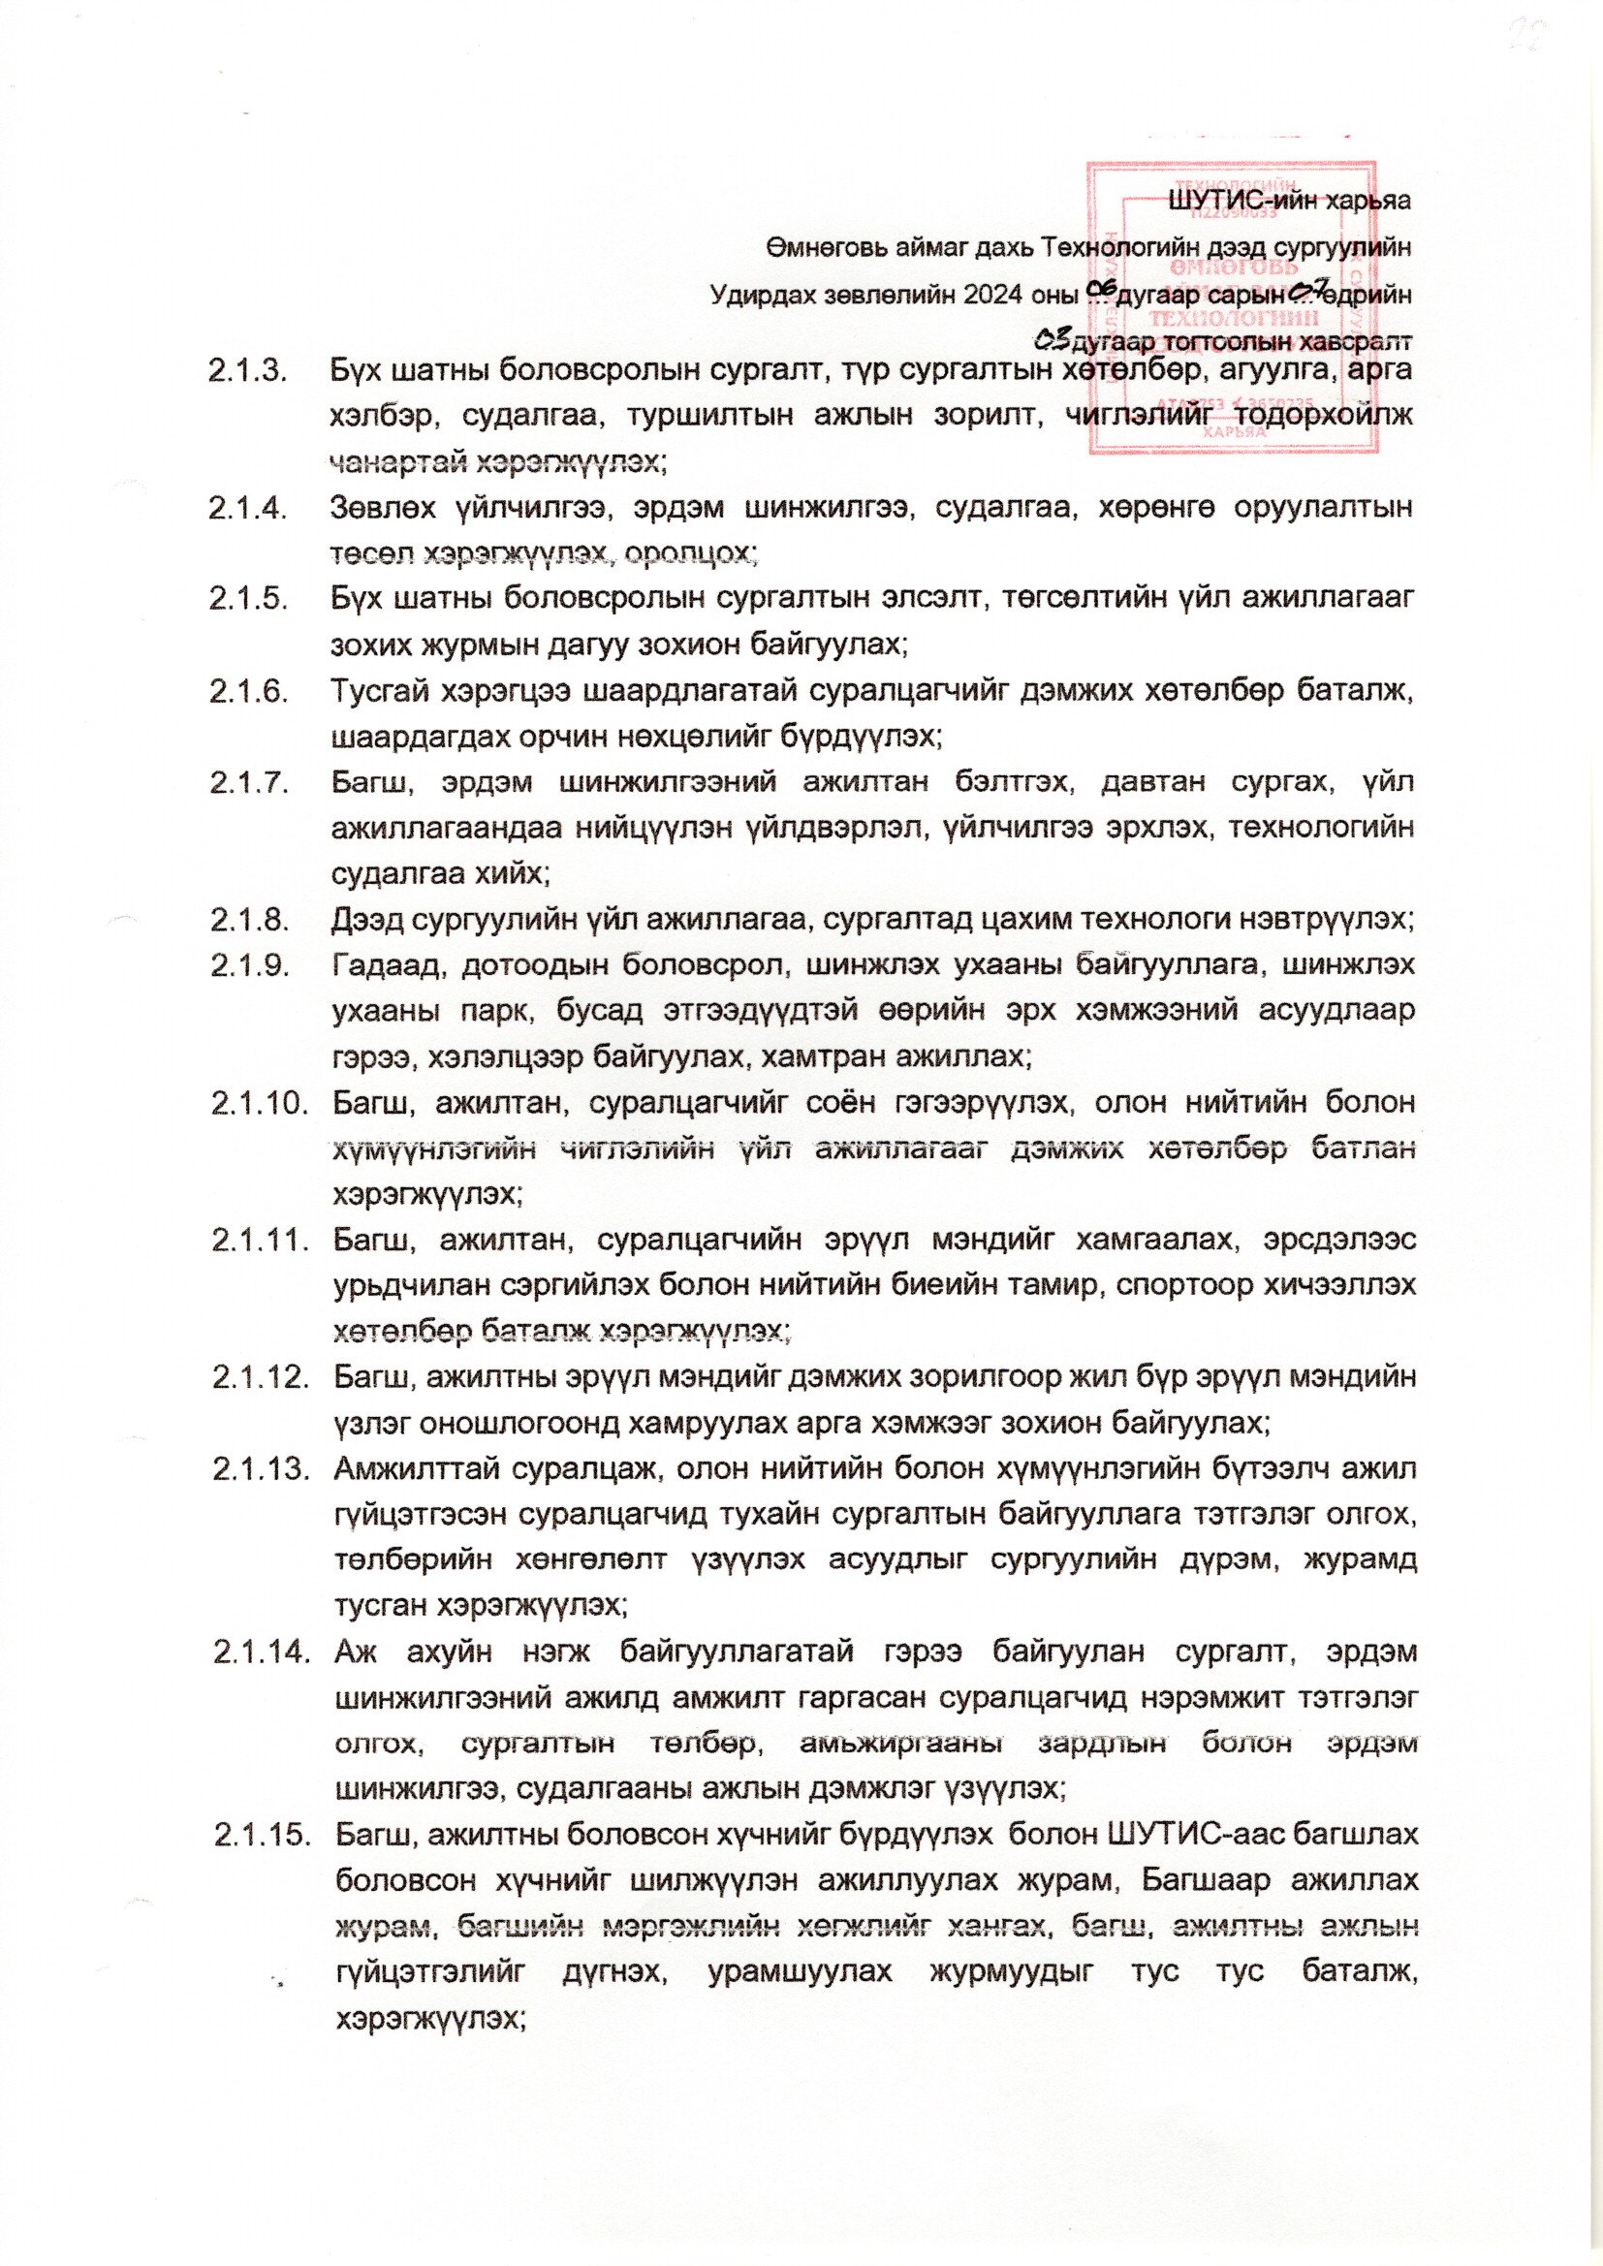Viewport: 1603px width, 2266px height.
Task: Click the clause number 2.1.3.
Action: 247,373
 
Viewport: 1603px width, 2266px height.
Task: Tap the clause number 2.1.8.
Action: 249,921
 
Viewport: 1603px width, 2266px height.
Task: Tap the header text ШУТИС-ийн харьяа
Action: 1289,202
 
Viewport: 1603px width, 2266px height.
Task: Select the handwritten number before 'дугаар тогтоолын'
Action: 1052,341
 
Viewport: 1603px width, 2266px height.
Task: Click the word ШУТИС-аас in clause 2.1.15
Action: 1193,1836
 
